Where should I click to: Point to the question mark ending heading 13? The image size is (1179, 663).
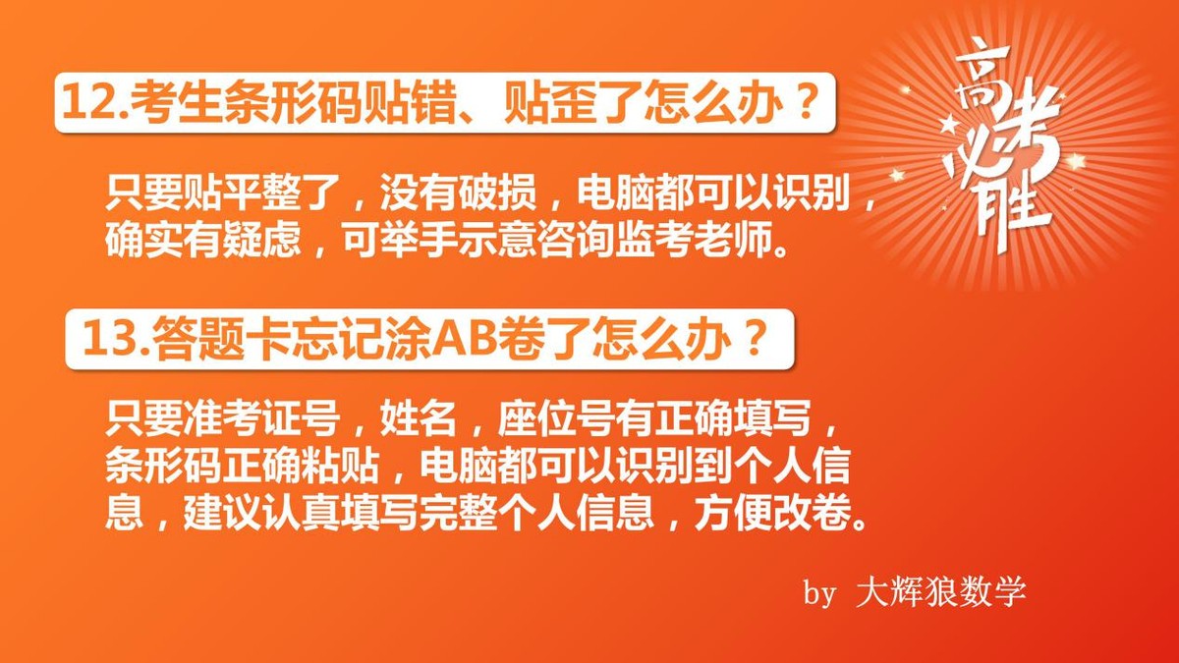pyautogui.click(x=755, y=340)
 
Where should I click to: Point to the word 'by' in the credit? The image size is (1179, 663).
pyautogui.click(x=819, y=592)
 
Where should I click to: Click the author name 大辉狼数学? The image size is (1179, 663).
pyautogui.click(x=941, y=591)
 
